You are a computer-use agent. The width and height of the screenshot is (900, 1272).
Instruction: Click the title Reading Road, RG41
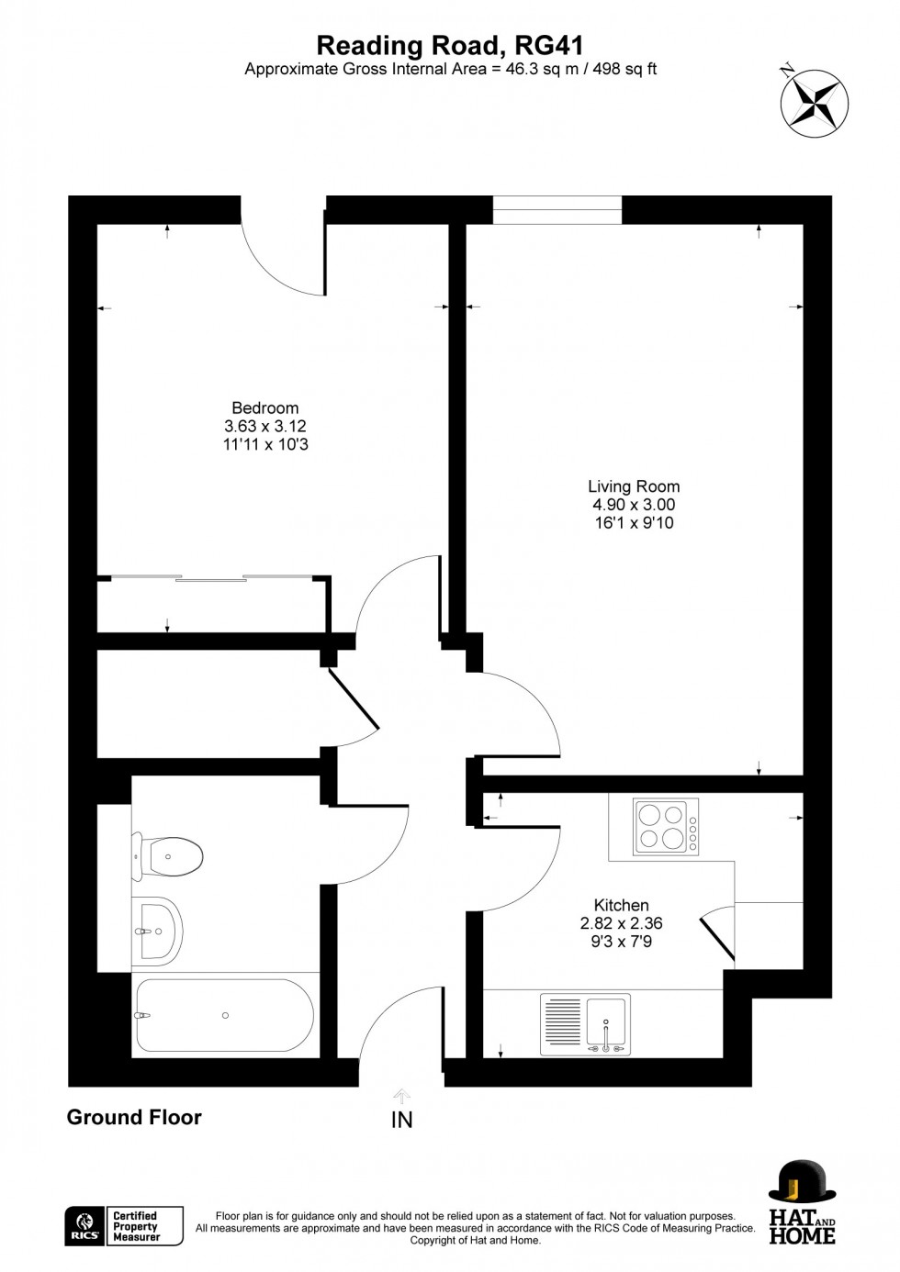click(x=450, y=45)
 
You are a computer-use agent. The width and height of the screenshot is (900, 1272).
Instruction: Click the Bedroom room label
click(x=264, y=408)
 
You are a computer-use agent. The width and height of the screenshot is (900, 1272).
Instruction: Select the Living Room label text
click(x=634, y=486)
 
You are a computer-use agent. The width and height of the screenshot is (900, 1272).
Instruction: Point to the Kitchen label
click(x=621, y=906)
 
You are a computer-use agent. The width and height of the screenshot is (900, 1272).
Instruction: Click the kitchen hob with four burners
click(x=666, y=827)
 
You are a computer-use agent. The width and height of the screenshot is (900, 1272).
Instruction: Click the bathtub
click(x=225, y=1015)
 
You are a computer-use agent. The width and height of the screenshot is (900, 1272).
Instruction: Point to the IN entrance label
click(x=402, y=1120)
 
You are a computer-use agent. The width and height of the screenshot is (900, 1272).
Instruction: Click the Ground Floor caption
click(x=134, y=1117)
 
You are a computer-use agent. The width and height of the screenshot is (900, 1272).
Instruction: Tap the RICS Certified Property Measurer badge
click(x=124, y=1226)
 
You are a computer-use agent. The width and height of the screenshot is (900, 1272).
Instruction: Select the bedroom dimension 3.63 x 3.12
click(x=264, y=427)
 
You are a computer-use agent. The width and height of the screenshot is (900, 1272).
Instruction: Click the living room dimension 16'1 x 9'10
click(x=634, y=523)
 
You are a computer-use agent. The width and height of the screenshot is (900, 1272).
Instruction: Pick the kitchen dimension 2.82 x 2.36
click(x=621, y=924)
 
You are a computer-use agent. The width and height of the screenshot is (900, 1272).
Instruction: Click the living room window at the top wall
click(x=557, y=210)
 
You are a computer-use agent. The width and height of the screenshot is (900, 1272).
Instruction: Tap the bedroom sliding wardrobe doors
click(x=212, y=577)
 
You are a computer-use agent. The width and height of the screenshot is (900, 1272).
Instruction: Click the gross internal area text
click(x=450, y=69)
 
